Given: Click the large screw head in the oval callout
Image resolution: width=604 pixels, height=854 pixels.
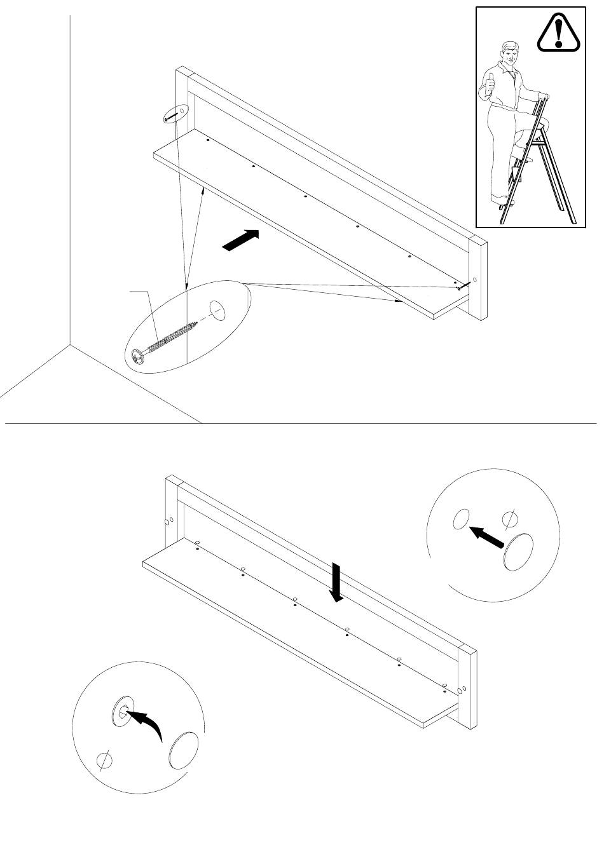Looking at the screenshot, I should [x=138, y=357].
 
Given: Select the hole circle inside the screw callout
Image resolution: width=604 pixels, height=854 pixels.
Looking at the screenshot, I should [x=218, y=311].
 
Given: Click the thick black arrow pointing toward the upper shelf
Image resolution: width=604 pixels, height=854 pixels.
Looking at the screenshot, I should [x=242, y=241].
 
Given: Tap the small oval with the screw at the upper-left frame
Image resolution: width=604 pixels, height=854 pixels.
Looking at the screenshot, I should [x=175, y=115].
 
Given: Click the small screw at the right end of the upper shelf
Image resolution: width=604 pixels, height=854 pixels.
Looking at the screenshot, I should [x=461, y=287].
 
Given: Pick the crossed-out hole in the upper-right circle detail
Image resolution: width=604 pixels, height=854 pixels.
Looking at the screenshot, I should [x=509, y=520].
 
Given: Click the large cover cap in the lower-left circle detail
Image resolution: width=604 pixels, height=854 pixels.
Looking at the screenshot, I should [x=185, y=750].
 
